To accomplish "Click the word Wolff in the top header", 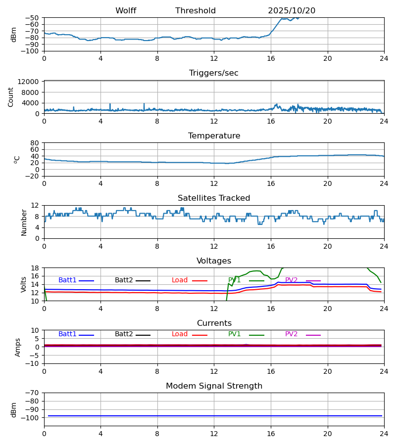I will pyautogui.click(x=126, y=11).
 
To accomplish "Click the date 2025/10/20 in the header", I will pyautogui.click(x=292, y=11).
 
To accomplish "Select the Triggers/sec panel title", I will pyautogui.click(x=214, y=73).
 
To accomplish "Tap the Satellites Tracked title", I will pyautogui.click(x=214, y=198).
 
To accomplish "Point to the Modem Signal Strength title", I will pyautogui.click(x=214, y=386).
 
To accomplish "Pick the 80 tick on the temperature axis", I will pyautogui.click(x=35, y=143).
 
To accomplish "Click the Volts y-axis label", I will pyautogui.click(x=24, y=284).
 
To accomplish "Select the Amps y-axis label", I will pyautogui.click(x=18, y=347).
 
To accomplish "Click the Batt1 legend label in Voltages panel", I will pyautogui.click(x=67, y=280).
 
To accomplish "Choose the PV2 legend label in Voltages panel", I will pyautogui.click(x=291, y=280).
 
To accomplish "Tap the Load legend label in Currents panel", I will pyautogui.click(x=180, y=334).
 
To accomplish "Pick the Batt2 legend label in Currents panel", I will pyautogui.click(x=124, y=334).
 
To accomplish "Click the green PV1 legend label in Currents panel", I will pyautogui.click(x=235, y=334).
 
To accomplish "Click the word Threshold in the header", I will pyautogui.click(x=196, y=11).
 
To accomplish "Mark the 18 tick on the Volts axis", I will pyautogui.click(x=35, y=268).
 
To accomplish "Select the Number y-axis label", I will pyautogui.click(x=24, y=222).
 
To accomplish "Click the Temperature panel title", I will pyautogui.click(x=214, y=136).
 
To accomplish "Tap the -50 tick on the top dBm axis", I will pyautogui.click(x=32, y=18).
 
